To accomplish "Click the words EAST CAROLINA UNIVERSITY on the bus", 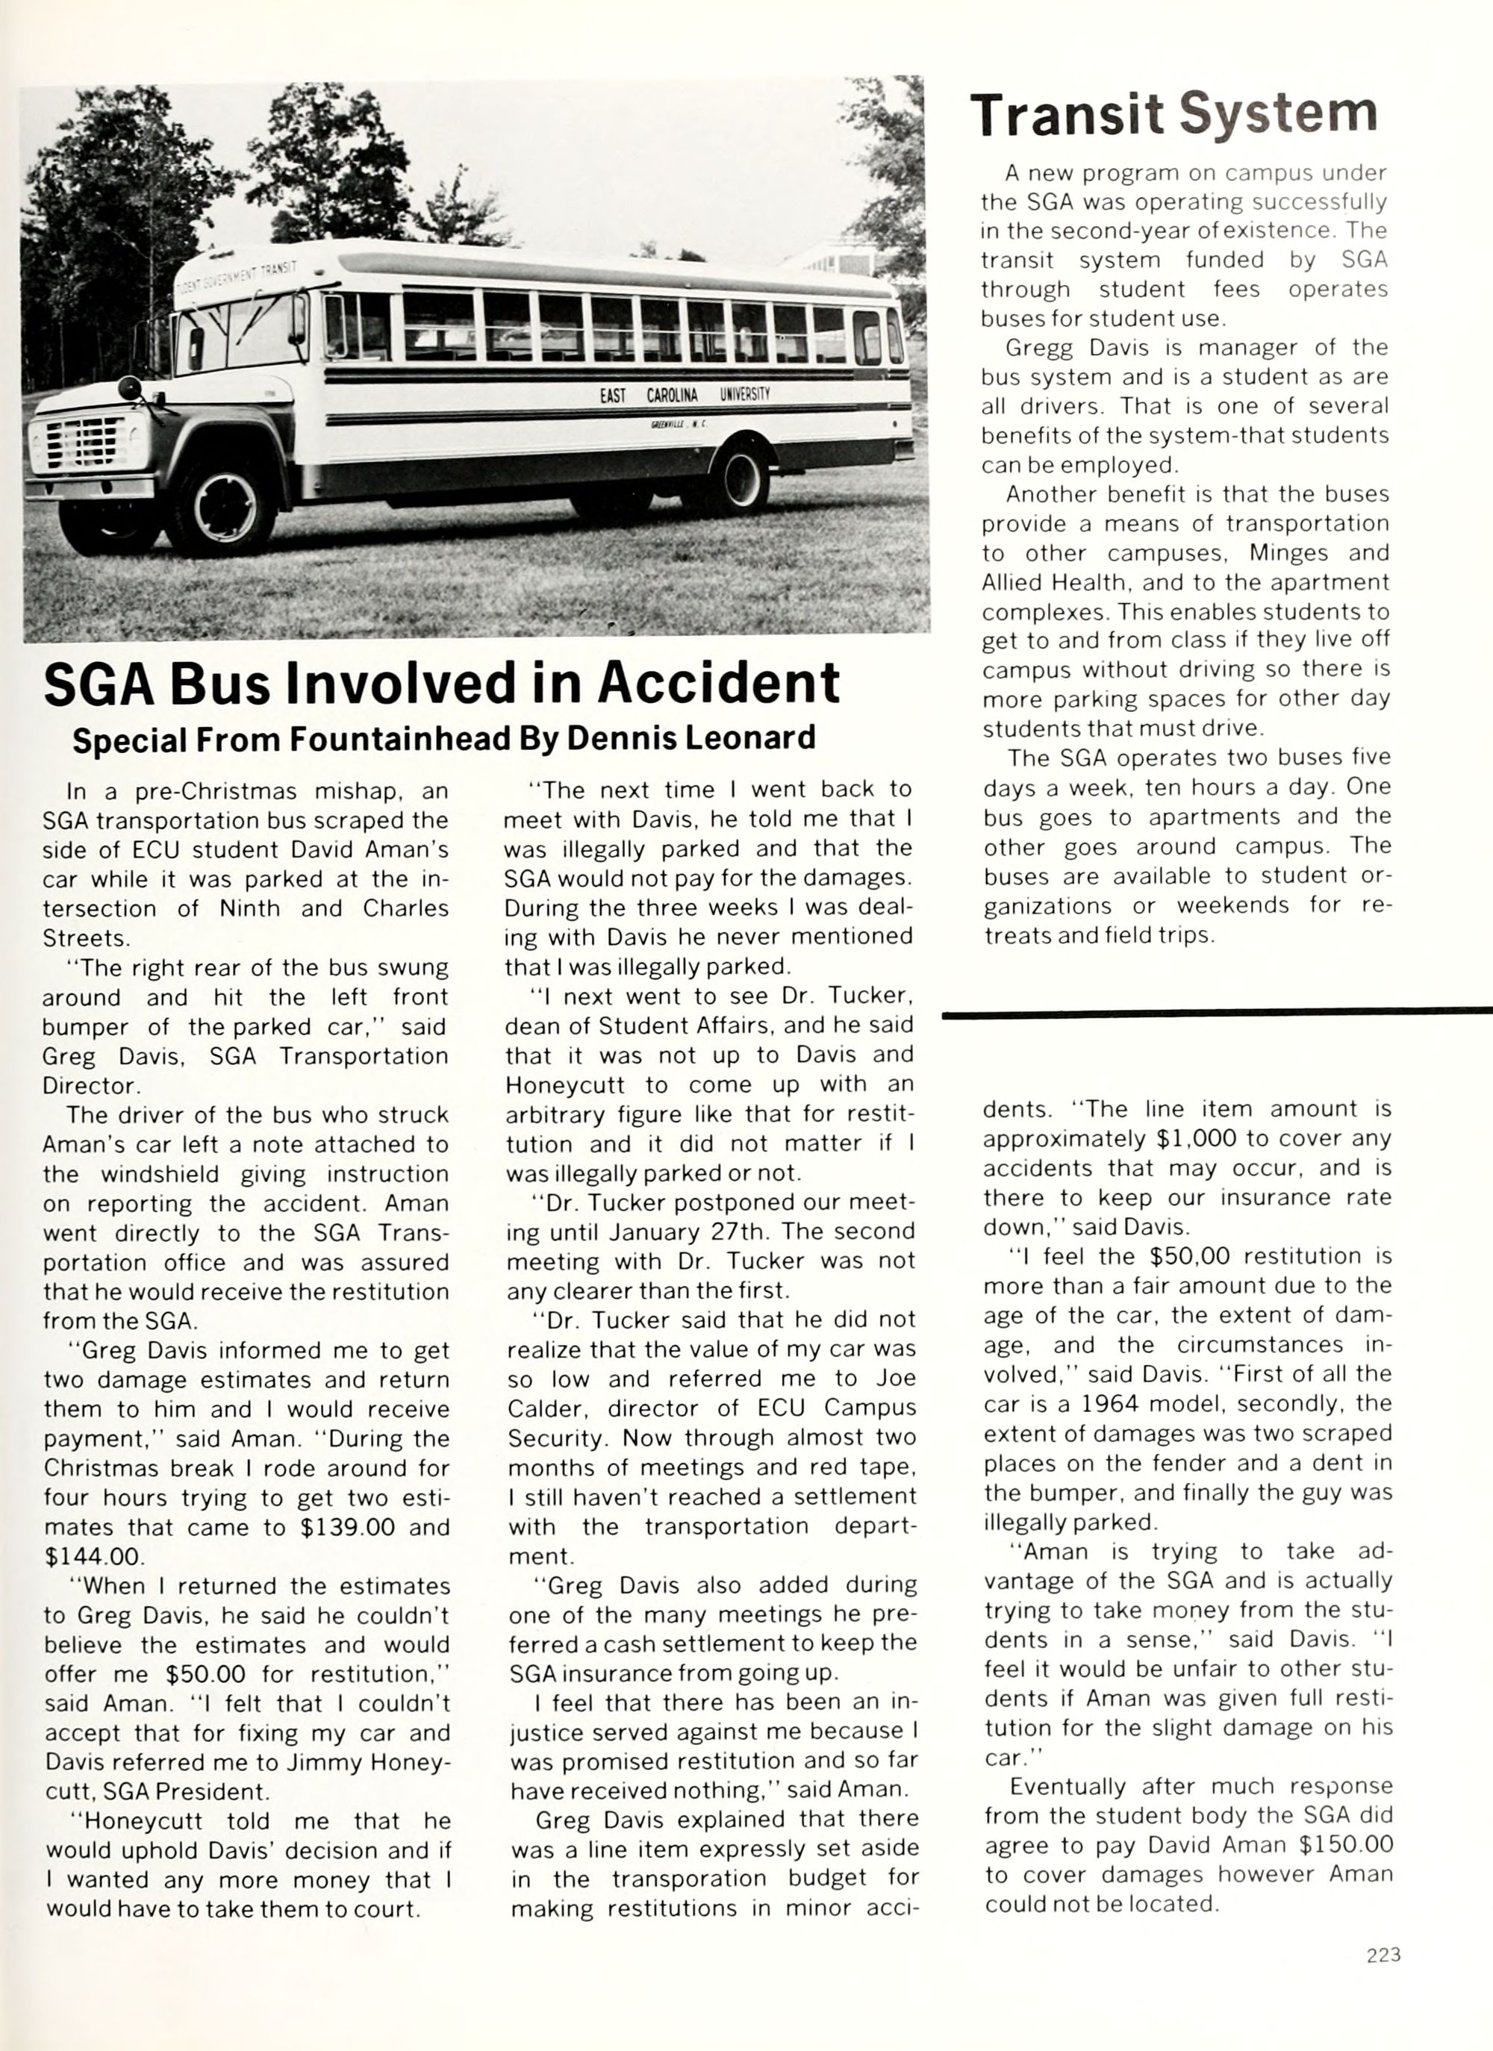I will (x=685, y=395).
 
